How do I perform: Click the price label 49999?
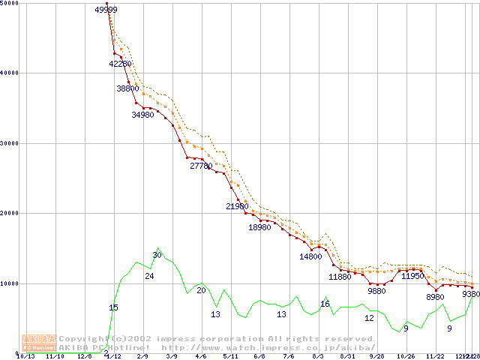(x=106, y=10)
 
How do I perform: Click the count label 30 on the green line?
(x=157, y=256)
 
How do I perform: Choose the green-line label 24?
(x=149, y=277)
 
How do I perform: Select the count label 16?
(x=325, y=304)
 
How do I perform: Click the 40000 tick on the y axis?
(x=11, y=73)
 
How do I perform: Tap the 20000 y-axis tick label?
(x=11, y=213)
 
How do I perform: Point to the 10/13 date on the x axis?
(x=25, y=356)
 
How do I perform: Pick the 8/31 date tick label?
(x=347, y=356)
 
